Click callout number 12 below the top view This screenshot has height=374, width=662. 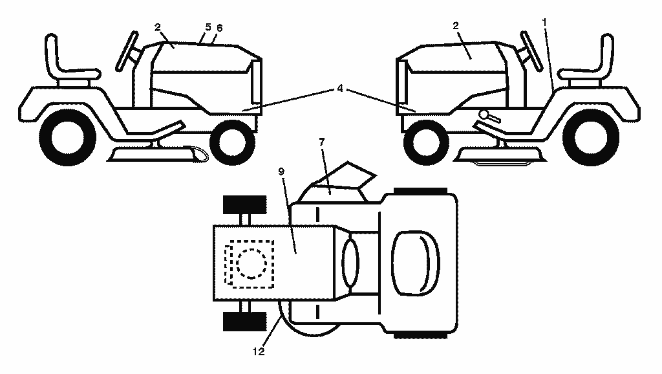(259, 351)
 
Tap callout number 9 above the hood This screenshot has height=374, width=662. (281, 171)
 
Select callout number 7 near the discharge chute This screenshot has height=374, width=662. (322, 142)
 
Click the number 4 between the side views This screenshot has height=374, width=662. (340, 89)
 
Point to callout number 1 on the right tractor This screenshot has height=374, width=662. (544, 21)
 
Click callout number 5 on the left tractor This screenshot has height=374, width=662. (208, 27)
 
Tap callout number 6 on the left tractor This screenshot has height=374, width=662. (219, 28)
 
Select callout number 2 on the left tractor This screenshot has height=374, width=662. (158, 27)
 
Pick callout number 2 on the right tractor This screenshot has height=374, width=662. (456, 26)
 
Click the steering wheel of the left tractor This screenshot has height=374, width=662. (127, 50)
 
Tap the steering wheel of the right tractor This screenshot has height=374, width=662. (531, 50)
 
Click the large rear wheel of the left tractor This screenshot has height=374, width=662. (67, 137)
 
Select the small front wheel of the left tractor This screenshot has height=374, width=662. (232, 143)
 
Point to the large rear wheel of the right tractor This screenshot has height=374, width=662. (591, 137)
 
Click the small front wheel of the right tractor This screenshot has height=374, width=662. (426, 143)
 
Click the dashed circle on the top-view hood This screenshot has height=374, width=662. (251, 264)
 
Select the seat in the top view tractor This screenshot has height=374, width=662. (416, 263)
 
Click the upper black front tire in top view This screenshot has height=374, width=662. (244, 205)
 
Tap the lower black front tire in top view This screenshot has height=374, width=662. (244, 322)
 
